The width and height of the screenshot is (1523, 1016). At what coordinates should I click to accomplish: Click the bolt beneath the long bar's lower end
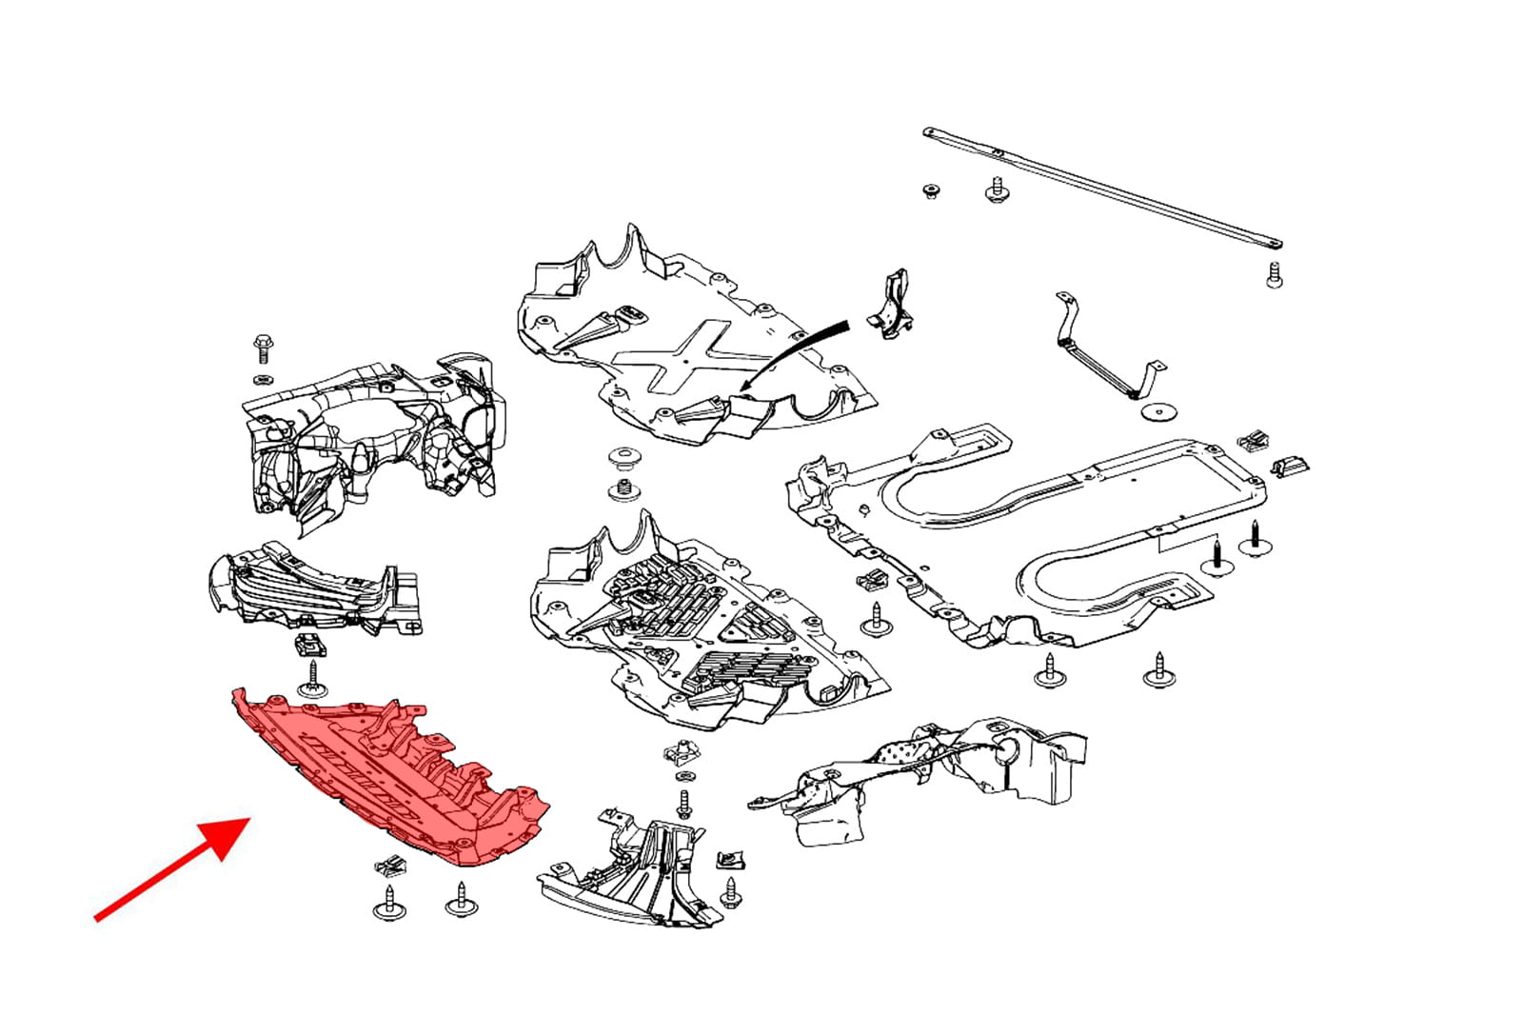[1275, 275]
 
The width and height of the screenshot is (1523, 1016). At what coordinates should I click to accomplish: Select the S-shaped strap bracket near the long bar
[1104, 352]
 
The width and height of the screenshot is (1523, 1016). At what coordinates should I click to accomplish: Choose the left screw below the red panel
[388, 902]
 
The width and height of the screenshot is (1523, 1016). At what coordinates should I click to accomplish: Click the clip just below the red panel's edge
[390, 866]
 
